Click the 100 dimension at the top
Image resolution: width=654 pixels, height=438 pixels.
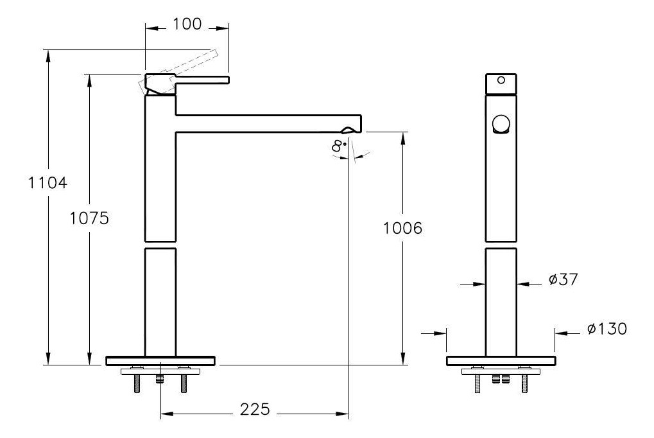pyautogui.click(x=187, y=24)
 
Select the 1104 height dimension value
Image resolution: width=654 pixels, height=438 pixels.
pyautogui.click(x=47, y=183)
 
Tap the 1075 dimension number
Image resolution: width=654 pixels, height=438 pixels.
pyautogui.click(x=89, y=218)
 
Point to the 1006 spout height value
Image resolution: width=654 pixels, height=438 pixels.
pyautogui.click(x=402, y=228)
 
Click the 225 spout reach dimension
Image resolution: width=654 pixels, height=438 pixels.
pyautogui.click(x=255, y=410)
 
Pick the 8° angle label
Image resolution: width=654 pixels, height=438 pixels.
pyautogui.click(x=339, y=146)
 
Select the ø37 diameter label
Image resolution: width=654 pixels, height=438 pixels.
pyautogui.click(x=564, y=279)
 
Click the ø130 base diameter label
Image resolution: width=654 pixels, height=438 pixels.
pyautogui.click(x=607, y=329)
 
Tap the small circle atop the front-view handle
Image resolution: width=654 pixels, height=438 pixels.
pyautogui.click(x=501, y=80)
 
